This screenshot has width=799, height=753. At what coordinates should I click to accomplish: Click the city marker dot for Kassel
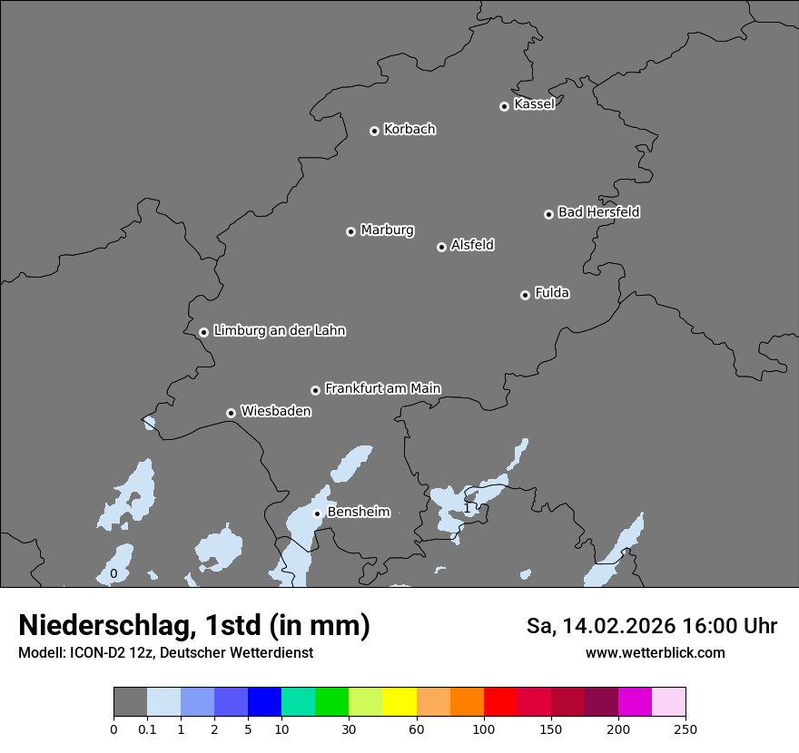point(504,106)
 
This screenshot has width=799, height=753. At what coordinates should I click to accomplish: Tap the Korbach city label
point(409,129)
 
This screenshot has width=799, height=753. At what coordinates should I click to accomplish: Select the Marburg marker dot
point(350,231)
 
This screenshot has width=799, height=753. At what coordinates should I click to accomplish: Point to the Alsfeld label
point(472,245)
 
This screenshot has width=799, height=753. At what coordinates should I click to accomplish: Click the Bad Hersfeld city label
point(598,212)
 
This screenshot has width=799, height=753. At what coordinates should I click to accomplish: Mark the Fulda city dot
point(525,295)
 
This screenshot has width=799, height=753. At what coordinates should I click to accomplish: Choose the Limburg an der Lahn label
point(279,330)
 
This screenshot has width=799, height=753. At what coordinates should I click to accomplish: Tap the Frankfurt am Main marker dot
point(315,390)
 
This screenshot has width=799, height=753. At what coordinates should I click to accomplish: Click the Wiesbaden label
point(275,411)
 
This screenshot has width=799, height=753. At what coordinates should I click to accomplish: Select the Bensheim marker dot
point(317,513)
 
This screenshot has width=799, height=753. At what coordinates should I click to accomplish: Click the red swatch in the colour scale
point(500,702)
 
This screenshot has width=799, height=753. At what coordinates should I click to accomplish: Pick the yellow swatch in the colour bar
point(399,702)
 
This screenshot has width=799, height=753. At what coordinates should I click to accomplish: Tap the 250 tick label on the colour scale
point(686,729)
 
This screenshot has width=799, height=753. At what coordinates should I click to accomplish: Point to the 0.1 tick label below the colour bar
point(147,729)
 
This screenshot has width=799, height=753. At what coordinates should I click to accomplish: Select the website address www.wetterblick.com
point(655,652)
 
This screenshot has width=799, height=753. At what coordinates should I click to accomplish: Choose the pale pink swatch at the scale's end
point(668,702)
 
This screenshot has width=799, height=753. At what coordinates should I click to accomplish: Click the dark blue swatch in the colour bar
point(264,702)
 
